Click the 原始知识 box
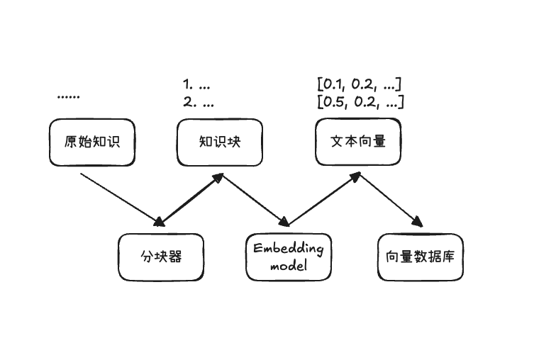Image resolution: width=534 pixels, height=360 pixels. coord(92,142)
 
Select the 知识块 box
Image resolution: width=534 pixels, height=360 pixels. coord(220,142)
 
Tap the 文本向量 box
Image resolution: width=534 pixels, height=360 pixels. coord(358,142)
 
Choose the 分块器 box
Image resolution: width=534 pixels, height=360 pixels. coord(161,257)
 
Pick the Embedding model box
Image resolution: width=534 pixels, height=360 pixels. coord(288,257)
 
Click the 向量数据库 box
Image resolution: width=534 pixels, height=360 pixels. coord(421,257)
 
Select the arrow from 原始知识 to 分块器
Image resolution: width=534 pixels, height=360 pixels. coord(121,196)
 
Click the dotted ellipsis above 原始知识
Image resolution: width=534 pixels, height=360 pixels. coord(68,95)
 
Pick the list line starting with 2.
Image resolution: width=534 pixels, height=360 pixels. coord(198,102)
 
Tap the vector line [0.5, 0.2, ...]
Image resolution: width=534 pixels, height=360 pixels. coord(360,102)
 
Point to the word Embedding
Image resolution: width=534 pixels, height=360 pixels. coord(288,249)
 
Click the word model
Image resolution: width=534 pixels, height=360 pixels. coord(288,266)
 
